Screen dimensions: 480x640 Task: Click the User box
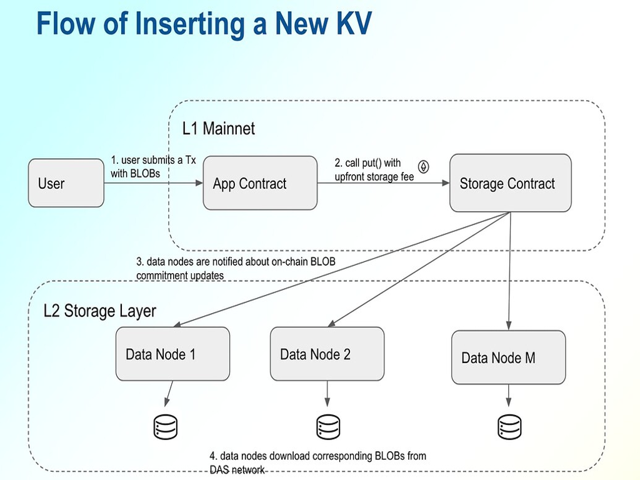[66, 183]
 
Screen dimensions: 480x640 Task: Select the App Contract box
[260, 183]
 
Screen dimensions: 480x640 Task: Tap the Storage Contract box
[510, 183]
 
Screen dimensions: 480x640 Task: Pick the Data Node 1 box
[172, 354]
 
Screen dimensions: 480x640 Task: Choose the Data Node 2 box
[327, 354]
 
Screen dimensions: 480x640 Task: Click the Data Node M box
[508, 357]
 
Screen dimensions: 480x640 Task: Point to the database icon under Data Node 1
[166, 427]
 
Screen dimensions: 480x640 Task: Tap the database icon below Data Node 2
[327, 427]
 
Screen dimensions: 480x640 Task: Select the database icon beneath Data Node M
[509, 427]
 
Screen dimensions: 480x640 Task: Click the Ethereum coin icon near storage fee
[424, 167]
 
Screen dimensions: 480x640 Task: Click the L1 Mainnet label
[219, 129]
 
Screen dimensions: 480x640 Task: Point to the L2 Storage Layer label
[100, 311]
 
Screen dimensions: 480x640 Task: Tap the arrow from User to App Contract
[153, 183]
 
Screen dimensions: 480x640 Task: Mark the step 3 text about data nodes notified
[236, 268]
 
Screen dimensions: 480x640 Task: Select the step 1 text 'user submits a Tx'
[153, 166]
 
